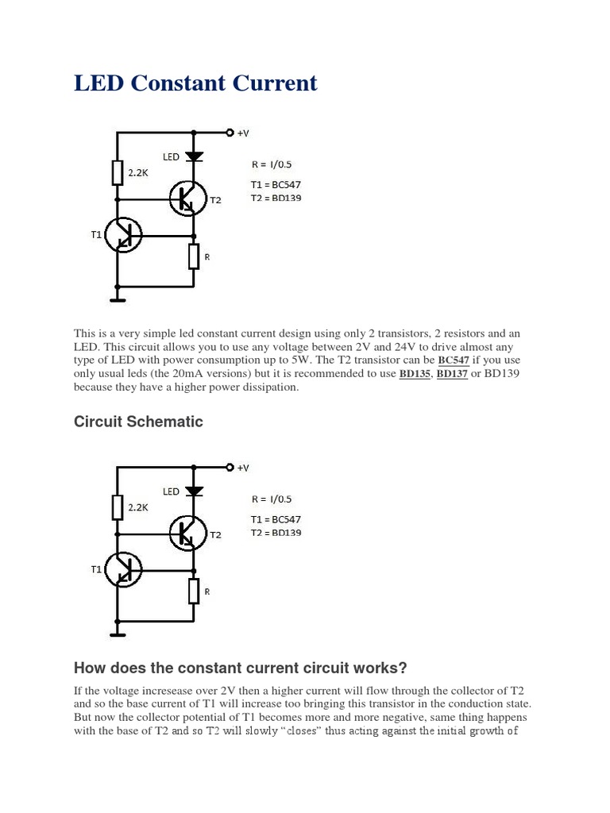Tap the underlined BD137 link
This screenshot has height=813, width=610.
coord(453,373)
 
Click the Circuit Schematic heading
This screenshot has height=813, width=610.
coord(138,422)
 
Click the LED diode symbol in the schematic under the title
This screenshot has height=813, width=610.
coord(194,157)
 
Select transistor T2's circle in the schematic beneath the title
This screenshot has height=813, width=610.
coord(188,198)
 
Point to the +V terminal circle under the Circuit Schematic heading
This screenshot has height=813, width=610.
coord(230,467)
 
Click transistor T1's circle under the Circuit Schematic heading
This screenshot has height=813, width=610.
coord(123,569)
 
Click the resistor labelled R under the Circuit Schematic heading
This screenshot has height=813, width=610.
coord(194,591)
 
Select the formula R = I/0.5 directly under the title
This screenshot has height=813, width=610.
coord(272,165)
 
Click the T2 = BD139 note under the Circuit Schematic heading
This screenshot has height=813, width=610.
coord(276,533)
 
